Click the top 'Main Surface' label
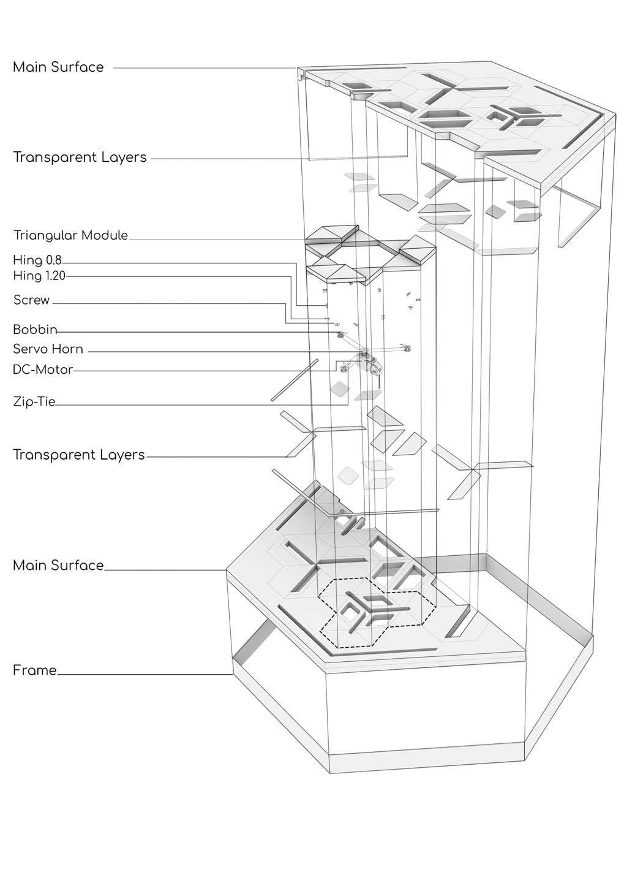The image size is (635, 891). [58, 67]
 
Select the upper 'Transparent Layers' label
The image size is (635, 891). [80, 157]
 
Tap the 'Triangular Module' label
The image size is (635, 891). [70, 235]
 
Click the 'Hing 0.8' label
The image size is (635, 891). [37, 260]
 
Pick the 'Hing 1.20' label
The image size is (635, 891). [39, 276]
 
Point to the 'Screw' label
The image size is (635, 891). [31, 300]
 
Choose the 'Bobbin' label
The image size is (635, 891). [35, 330]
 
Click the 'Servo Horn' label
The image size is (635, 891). [48, 349]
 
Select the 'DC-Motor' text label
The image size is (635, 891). [43, 370]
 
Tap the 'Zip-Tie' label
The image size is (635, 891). [34, 402]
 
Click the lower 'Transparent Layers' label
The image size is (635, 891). [78, 455]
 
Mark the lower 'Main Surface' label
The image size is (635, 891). [58, 565]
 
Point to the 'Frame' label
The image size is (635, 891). [34, 670]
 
